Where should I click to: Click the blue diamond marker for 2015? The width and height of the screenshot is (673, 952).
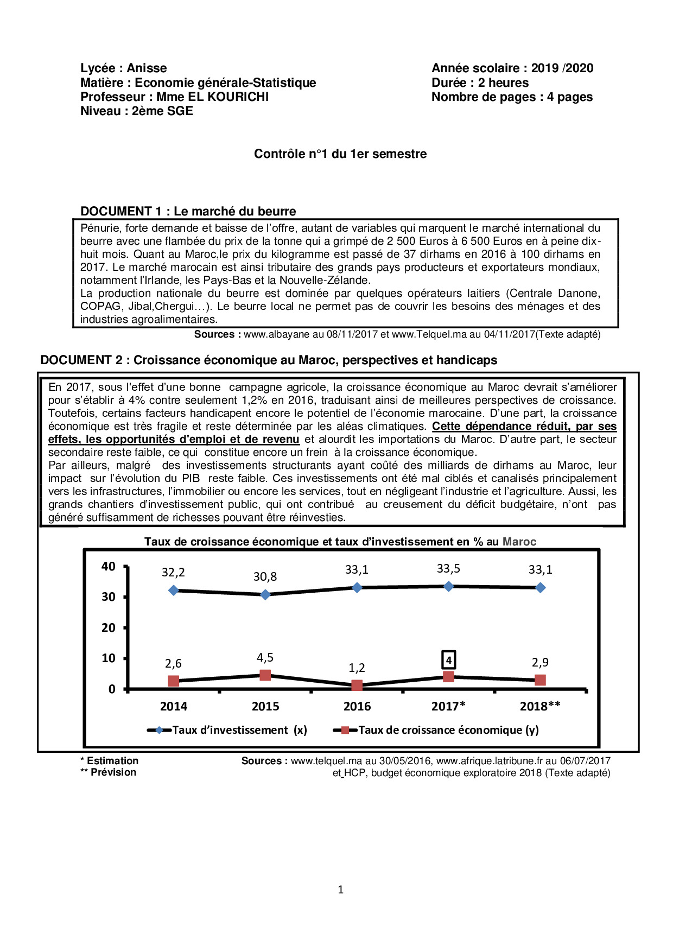[x=265, y=595]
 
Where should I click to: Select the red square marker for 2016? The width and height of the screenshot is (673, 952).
[x=357, y=686]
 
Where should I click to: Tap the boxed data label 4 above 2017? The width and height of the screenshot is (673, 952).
[x=449, y=660]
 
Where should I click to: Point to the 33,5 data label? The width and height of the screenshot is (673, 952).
[x=448, y=569]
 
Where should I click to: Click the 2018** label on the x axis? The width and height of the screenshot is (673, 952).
[x=540, y=706]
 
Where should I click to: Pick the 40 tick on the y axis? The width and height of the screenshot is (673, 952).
[x=109, y=567]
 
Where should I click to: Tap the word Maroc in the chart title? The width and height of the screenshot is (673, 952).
[x=519, y=542]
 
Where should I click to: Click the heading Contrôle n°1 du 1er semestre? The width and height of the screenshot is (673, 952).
[x=340, y=154]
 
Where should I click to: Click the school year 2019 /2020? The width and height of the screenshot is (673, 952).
[x=562, y=68]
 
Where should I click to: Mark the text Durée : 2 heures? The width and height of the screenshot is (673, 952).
[x=480, y=83]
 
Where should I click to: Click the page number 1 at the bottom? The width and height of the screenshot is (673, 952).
[x=340, y=890]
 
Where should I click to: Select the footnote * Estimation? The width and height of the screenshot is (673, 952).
[x=110, y=761]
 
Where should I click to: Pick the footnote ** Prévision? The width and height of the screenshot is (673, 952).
[x=109, y=772]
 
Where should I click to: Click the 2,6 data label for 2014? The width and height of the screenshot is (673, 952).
[x=173, y=664]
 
